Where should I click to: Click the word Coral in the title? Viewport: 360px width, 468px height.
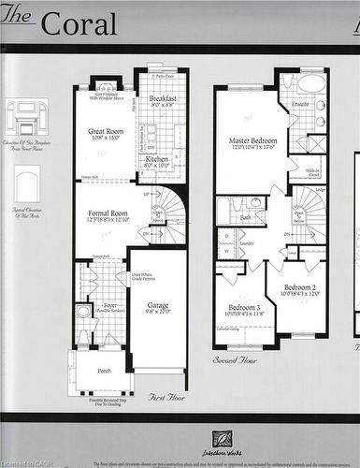[x=79, y=23]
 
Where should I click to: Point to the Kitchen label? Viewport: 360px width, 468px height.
[x=156, y=159]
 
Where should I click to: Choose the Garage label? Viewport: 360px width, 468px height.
[x=157, y=305]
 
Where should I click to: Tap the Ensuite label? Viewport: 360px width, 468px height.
[x=300, y=104]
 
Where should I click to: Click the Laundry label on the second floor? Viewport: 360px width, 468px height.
[x=248, y=242]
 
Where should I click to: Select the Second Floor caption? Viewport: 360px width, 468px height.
[x=236, y=358]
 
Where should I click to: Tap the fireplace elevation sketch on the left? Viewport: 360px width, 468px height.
[x=25, y=116]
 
